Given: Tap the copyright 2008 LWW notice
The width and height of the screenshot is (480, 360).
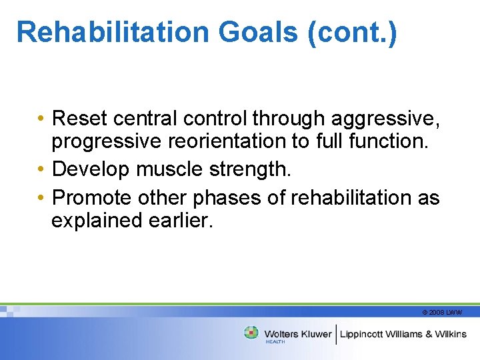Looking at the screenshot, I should point(442,312).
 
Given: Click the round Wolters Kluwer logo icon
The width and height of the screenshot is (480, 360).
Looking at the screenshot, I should point(251,333).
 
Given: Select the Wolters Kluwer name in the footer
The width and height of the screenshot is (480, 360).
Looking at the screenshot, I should point(297,334).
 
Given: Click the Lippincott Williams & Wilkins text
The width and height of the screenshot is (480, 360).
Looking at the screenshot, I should point(403,334).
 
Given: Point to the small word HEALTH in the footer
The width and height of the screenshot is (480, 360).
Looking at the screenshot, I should point(275,341).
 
